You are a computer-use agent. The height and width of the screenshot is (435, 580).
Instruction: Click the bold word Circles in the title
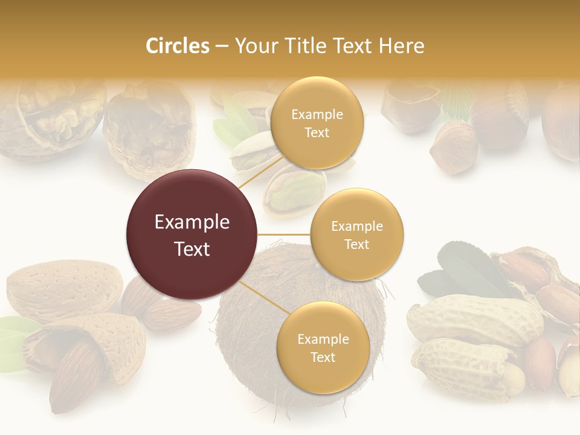pos(177,46)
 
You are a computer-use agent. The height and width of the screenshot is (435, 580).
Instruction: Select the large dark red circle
pos(192,234)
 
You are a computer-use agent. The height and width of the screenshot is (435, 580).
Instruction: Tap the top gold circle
pos(317,123)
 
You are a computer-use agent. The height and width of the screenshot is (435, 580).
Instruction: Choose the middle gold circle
pos(356,234)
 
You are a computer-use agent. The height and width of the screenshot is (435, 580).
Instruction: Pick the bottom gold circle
pos(323,347)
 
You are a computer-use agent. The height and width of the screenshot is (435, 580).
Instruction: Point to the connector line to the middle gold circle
pos(283,234)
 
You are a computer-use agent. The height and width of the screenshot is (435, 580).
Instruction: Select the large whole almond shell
pos(63,289)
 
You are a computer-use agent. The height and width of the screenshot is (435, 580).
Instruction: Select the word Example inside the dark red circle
pos(192,222)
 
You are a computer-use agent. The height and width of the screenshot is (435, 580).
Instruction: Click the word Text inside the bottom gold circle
pos(323,357)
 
